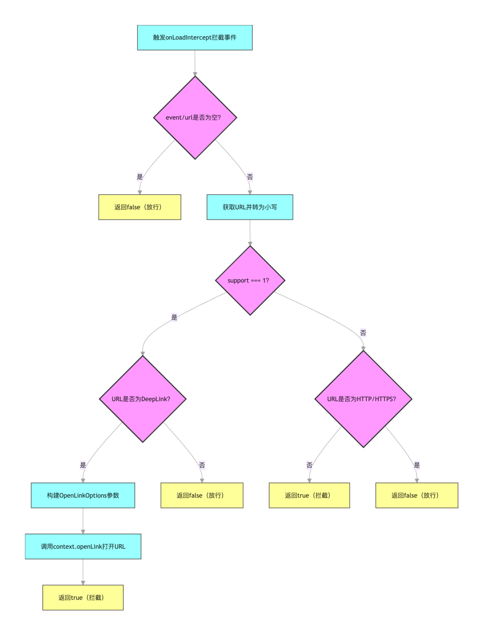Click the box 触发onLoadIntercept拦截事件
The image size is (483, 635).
coord(195,38)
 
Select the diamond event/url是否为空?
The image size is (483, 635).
coord(195,118)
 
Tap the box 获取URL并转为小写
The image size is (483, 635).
coord(250,207)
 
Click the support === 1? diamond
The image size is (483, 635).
coord(250,280)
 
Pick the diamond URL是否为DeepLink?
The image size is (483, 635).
coord(143,399)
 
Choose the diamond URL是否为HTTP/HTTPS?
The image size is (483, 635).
coord(363,399)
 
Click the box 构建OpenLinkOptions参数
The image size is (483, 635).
coord(83,495)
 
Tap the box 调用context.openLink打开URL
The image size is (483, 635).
coord(83,546)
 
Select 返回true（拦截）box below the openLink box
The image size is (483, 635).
coord(83,598)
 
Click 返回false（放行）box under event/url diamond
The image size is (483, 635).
coord(140,207)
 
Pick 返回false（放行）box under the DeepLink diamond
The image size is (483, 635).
coord(202,495)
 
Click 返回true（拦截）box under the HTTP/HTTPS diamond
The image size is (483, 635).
coord(309,495)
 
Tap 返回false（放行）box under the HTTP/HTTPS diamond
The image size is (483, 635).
coord(417,495)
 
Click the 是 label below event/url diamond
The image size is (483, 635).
coord(140,177)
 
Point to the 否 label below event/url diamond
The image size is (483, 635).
coord(250,177)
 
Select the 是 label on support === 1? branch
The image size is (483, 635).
coord(174,317)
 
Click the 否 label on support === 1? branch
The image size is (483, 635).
coord(363,333)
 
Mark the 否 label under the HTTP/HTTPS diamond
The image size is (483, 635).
coord(309,465)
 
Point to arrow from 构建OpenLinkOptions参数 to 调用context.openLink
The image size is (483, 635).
coord(83,521)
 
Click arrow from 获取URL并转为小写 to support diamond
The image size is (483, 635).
coord(250,233)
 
